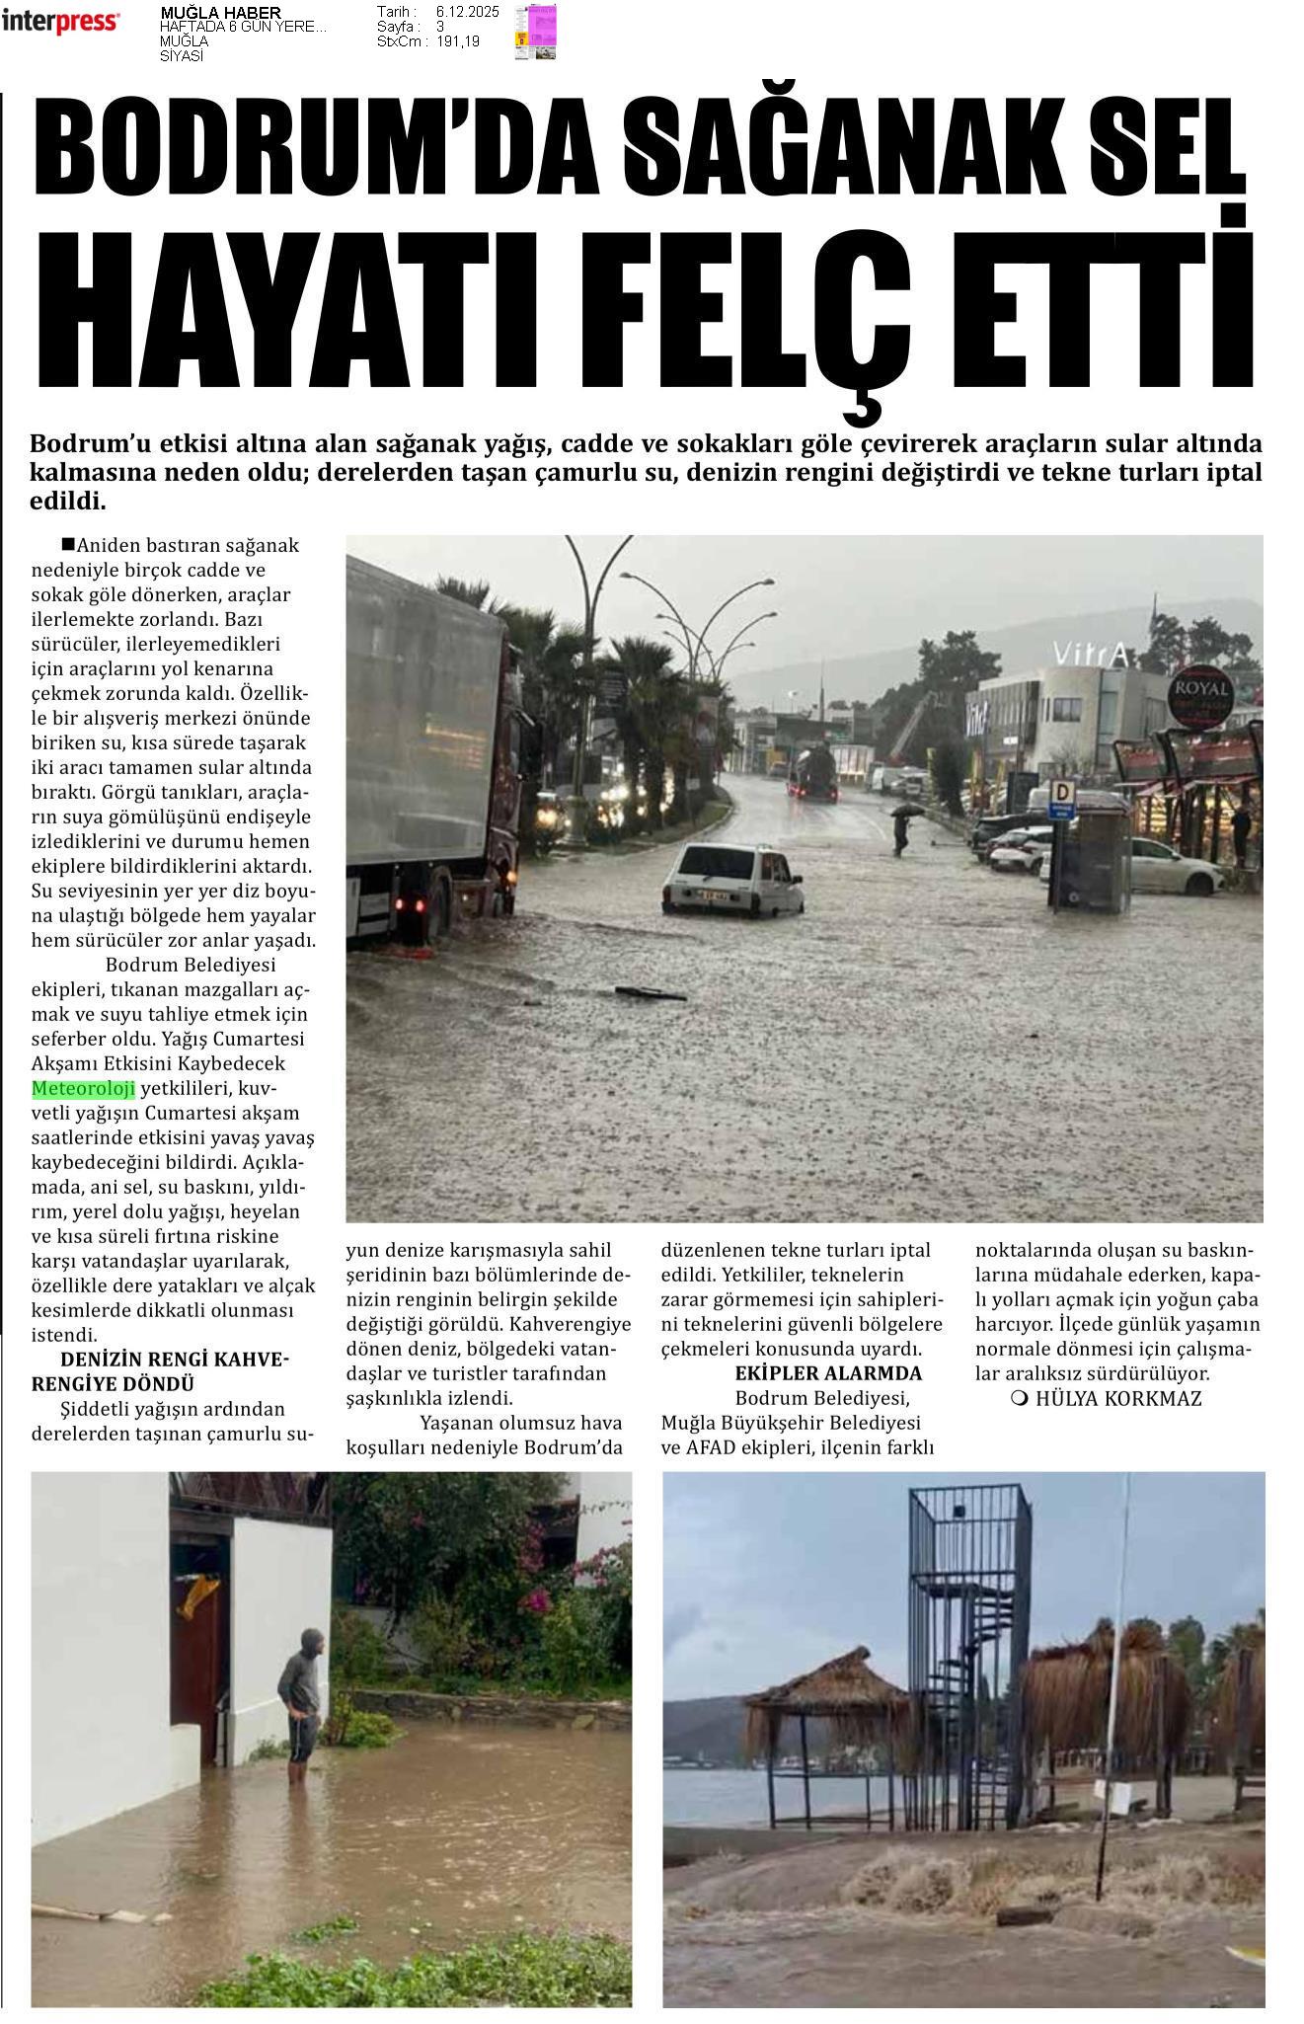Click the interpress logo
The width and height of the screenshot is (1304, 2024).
point(61,22)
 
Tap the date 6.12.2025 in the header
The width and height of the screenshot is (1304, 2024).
point(467,12)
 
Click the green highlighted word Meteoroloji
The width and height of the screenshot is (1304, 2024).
point(83,1089)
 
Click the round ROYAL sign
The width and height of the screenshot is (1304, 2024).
point(1200,692)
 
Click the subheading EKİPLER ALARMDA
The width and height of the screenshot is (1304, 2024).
point(828,1372)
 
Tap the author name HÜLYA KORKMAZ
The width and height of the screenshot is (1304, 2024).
point(1107,1398)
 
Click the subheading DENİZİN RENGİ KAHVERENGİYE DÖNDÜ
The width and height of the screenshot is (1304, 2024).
point(160,1371)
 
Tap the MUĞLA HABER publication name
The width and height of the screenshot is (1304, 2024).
point(219,13)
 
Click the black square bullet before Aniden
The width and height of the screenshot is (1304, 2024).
point(67,543)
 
